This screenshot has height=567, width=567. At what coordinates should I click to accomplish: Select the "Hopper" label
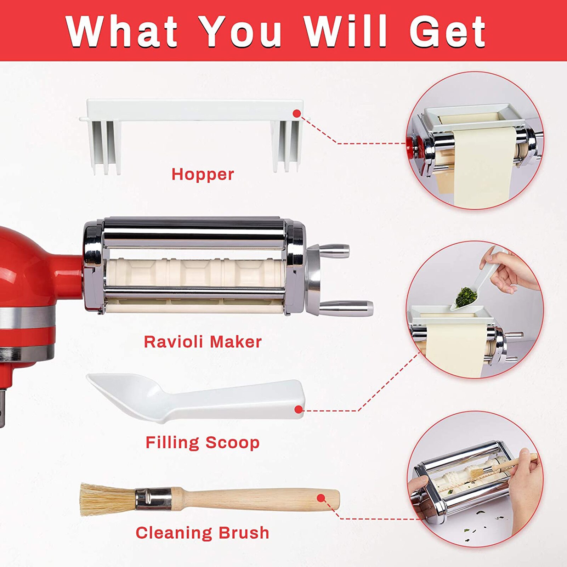[203, 174]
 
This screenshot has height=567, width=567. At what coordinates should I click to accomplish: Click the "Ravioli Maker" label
[203, 342]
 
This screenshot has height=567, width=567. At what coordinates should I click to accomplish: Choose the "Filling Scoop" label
[203, 443]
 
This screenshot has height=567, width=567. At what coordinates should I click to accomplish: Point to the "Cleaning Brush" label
[203, 533]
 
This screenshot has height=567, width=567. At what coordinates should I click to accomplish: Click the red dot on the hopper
[297, 113]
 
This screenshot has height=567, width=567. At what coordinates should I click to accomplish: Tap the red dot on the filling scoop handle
[299, 410]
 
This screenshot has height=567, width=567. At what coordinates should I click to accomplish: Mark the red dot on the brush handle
[321, 498]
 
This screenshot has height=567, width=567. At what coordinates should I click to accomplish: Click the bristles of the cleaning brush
[106, 499]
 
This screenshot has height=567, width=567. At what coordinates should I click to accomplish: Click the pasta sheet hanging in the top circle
[485, 166]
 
